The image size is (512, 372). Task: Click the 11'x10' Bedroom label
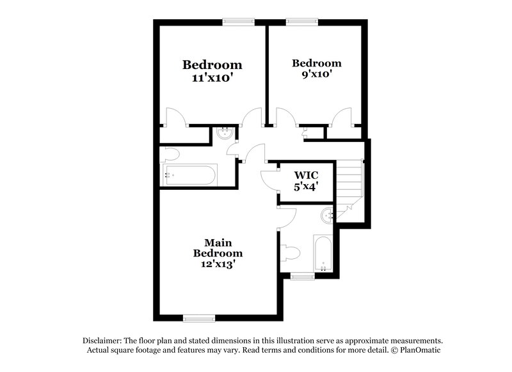pyautogui.click(x=212, y=65)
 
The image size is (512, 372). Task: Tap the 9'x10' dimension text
pyautogui.click(x=316, y=74)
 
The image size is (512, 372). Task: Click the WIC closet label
pyautogui.click(x=306, y=175)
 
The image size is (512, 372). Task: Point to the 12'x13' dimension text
pyautogui.click(x=218, y=263)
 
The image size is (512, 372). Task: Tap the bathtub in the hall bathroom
pyautogui.click(x=190, y=174)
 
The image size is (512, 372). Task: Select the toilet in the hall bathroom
pyautogui.click(x=170, y=153)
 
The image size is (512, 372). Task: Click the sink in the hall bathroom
pyautogui.click(x=224, y=134)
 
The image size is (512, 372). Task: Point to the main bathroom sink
pyautogui.click(x=328, y=215)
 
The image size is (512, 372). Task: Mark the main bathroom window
pyautogui.click(x=302, y=276)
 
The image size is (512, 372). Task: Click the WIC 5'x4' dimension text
pyautogui.click(x=306, y=187)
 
